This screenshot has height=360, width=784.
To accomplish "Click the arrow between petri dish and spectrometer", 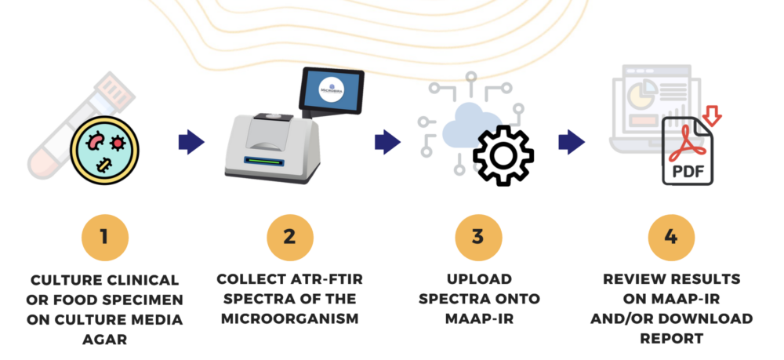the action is tap(191, 142).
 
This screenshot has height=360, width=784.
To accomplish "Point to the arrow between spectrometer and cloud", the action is tap(387, 142).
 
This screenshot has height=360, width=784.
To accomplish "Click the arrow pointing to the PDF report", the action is tap(572, 142).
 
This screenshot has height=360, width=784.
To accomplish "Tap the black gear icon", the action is tap(503, 155).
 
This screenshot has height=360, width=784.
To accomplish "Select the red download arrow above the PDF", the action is tap(712, 115).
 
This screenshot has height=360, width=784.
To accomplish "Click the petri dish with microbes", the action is tap(104, 150).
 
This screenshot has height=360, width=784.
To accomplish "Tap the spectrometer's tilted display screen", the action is tap(331, 90).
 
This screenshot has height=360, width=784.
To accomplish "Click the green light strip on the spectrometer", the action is tap(264, 161).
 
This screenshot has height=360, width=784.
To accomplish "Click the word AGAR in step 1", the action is tap(104, 340).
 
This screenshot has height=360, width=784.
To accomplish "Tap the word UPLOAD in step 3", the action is tap(479, 279).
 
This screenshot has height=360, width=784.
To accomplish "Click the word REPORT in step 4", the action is tap(672, 339).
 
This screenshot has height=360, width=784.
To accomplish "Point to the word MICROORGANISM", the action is tap(290, 318).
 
